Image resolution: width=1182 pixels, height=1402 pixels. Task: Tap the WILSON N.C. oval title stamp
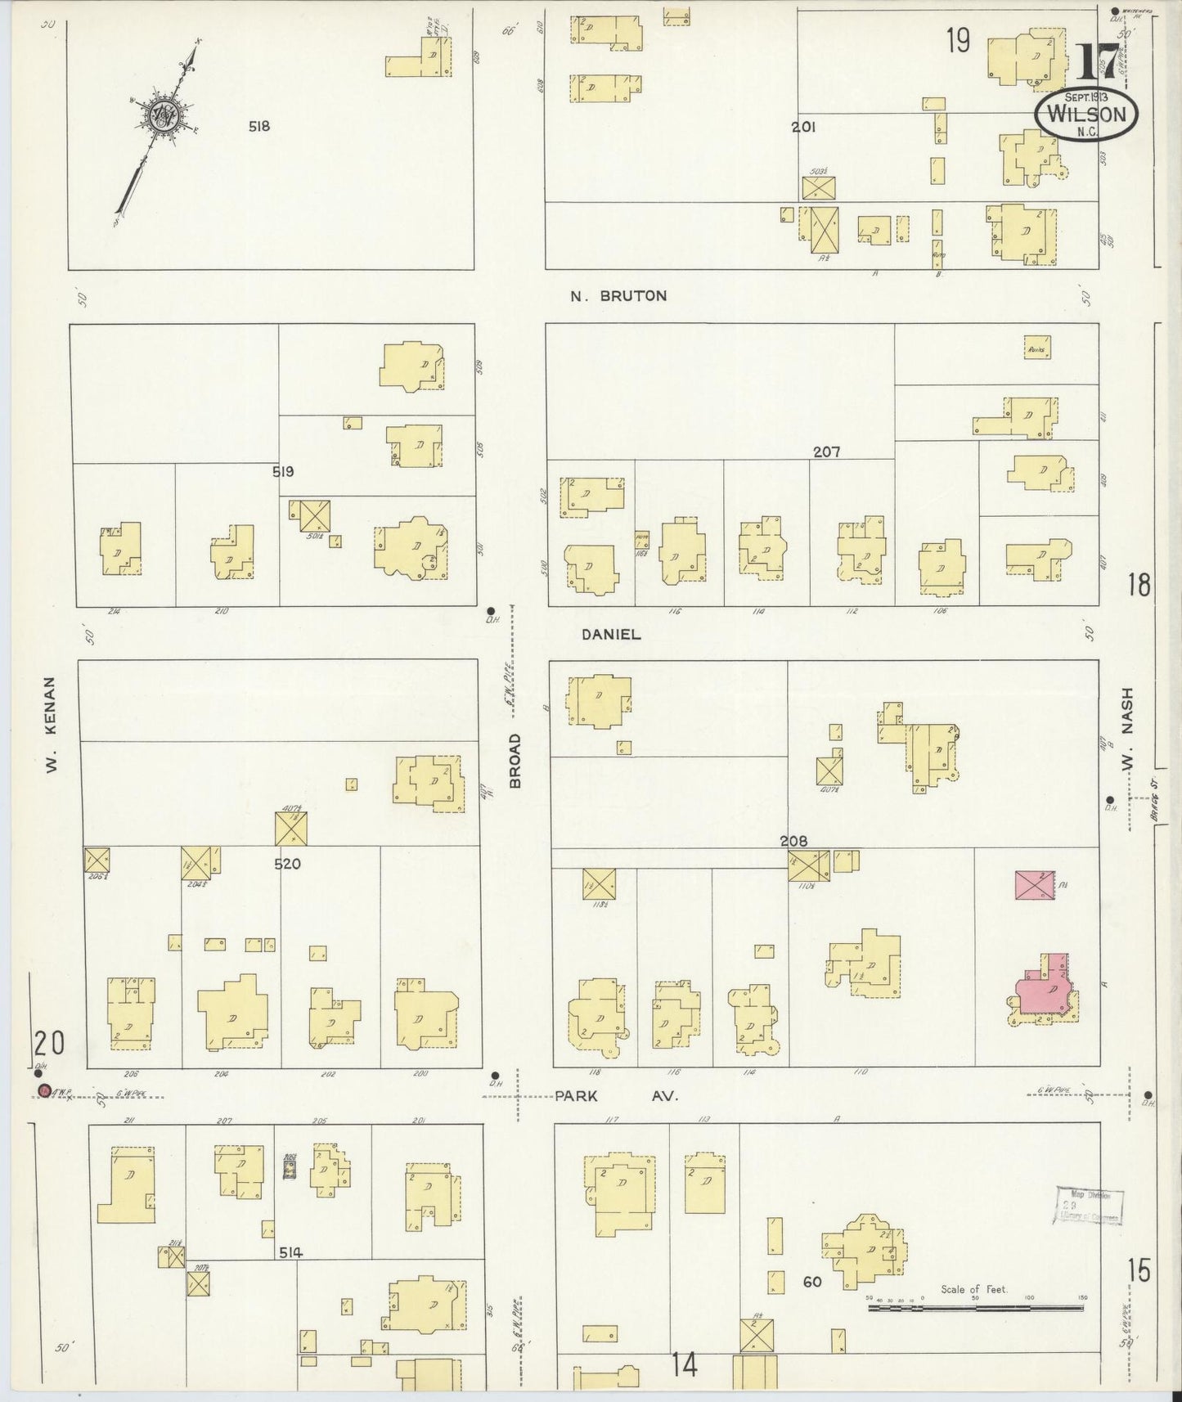pos(1086,115)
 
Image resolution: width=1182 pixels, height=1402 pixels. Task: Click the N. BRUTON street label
pos(618,296)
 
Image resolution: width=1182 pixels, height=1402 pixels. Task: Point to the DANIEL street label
pos(611,634)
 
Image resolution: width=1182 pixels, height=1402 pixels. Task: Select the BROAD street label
pos(515,761)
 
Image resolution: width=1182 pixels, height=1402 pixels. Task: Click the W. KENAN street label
pos(51,725)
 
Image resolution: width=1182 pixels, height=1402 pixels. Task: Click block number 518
pos(260,127)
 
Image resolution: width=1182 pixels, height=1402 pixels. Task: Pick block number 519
pos(284,472)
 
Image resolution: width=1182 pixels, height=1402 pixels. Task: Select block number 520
pos(288,863)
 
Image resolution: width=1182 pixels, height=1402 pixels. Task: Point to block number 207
pos(826,452)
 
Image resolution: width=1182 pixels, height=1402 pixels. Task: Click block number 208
pos(793,841)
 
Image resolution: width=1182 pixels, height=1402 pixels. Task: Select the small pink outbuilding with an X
pos(1034,885)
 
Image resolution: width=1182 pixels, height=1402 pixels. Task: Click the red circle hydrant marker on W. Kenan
pos(45,1091)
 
